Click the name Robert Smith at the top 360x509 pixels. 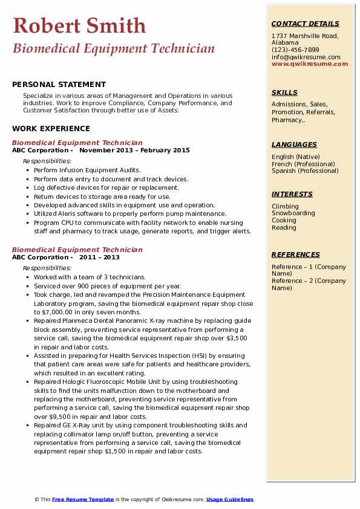(79, 25)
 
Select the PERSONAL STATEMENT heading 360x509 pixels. (59, 85)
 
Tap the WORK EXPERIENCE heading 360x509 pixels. (51, 129)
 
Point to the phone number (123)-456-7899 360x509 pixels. (295, 50)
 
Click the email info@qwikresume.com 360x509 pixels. (306, 57)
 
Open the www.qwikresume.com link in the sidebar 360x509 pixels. (306, 63)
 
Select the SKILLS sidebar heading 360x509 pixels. (284, 92)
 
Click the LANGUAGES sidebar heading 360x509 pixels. (294, 144)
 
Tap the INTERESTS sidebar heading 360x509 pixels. (292, 194)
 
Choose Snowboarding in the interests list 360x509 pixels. (293, 213)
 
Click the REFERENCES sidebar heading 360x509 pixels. (295, 254)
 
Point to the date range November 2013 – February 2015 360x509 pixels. (134, 151)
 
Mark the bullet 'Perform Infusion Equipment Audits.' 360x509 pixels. (87, 170)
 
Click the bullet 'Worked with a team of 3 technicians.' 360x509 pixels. (90, 277)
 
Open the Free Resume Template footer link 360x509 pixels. (83, 499)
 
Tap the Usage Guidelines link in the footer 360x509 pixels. (230, 499)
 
